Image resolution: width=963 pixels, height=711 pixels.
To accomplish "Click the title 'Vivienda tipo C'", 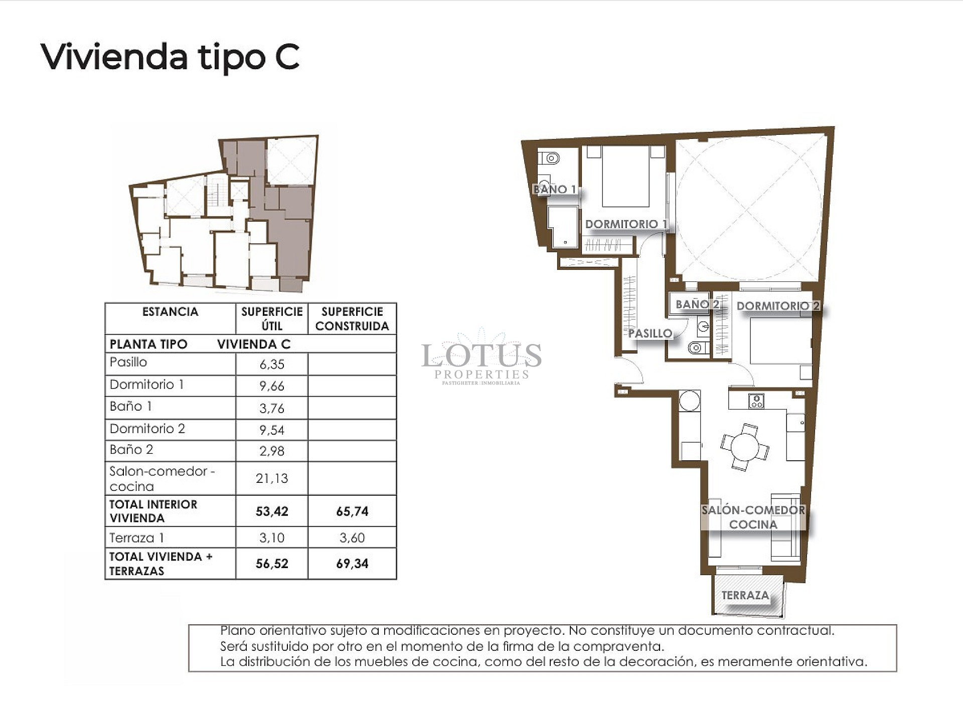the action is pos(170,57).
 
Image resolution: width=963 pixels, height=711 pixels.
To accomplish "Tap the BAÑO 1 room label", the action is pos(554,189).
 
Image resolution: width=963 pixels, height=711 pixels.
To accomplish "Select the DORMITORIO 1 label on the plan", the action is pos(626,224).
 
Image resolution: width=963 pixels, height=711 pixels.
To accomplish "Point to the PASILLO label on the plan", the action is pos(650,333).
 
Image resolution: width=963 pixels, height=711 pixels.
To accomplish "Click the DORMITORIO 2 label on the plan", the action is pos(778,306).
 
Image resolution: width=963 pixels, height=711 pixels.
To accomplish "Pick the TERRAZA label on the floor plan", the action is pos(745,595).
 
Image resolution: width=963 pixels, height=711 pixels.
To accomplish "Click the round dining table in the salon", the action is pos(745,446).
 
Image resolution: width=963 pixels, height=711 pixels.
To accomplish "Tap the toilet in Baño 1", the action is pos(550,158).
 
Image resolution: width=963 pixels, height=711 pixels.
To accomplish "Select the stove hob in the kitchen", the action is pos(756,401).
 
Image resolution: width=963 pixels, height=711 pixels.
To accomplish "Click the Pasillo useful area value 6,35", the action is pos(272,364).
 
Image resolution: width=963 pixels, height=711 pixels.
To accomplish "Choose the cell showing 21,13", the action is pos(272,478).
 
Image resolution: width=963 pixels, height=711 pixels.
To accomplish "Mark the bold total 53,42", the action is pos(272,511).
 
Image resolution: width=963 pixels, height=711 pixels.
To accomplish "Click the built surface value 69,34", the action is pos(352,564).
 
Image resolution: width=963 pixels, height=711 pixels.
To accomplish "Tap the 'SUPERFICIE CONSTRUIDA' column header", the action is pos(352,319).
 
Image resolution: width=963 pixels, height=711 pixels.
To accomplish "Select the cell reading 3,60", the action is pos(352,538).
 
